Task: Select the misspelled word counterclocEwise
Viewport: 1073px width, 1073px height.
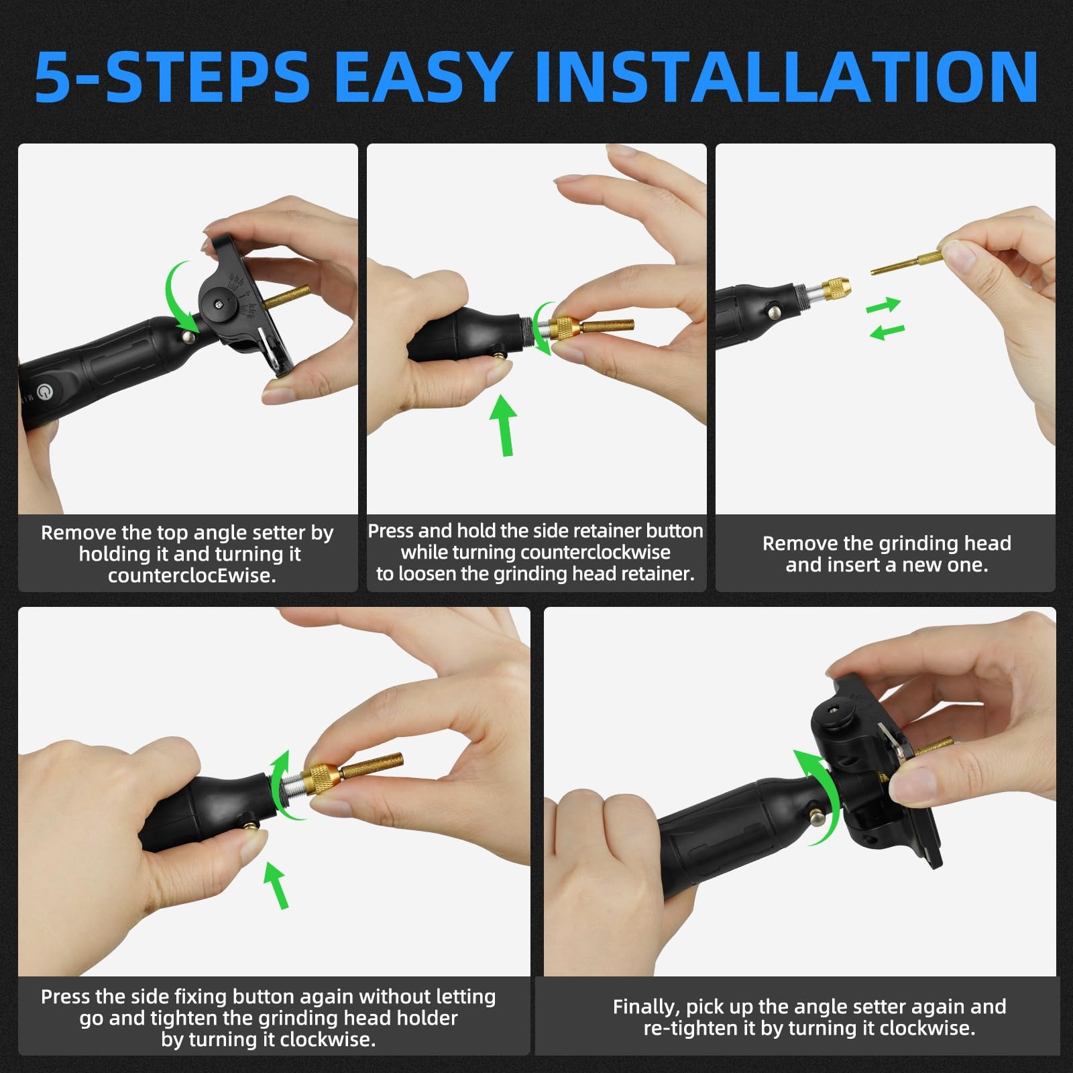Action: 192,576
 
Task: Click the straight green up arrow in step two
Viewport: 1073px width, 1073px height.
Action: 504,425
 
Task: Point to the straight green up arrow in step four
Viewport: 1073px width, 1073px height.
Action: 276,885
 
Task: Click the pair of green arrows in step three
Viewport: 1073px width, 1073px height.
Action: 886,318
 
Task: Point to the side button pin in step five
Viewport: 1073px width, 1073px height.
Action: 817,817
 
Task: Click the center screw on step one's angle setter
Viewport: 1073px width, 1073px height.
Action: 219,304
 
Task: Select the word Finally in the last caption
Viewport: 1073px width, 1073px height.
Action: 645,1007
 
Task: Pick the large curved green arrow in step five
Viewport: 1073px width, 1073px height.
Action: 820,798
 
